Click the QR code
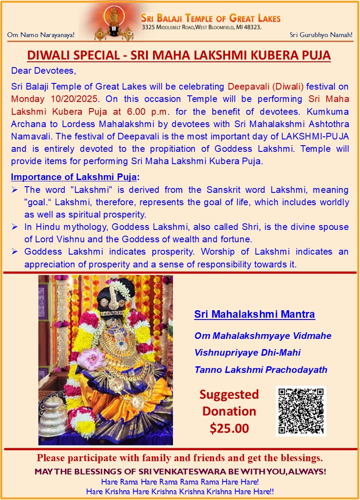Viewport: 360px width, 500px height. [301, 411]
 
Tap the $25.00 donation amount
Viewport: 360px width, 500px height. [229, 428]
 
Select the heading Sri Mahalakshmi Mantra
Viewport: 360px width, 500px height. [255, 315]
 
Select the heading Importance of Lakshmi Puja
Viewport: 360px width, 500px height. [74, 177]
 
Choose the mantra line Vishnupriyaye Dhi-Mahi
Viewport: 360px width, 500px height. [241, 353]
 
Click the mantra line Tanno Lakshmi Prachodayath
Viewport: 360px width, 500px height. [261, 370]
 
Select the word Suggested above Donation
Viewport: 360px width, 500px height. [229, 394]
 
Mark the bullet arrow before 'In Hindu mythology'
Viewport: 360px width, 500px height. [15, 227]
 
